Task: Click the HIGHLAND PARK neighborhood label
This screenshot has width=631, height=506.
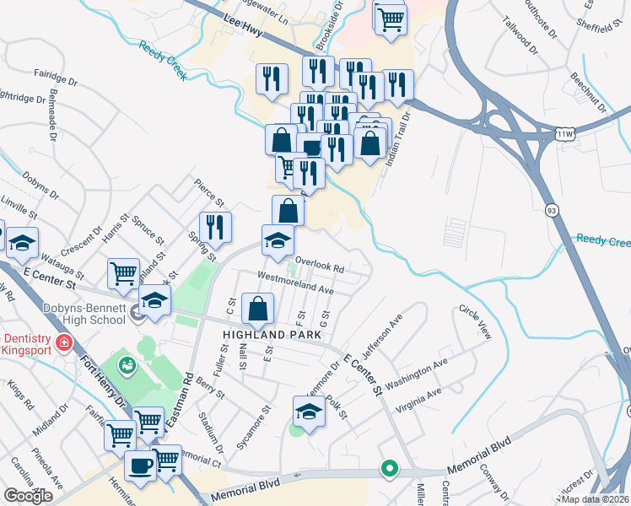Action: click(272, 335)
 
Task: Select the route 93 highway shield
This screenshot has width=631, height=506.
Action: click(551, 210)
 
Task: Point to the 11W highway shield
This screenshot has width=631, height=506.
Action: click(566, 133)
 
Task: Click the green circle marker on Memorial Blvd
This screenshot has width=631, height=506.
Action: click(389, 467)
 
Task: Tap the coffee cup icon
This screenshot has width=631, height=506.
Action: click(140, 464)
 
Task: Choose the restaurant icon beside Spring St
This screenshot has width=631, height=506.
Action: click(216, 226)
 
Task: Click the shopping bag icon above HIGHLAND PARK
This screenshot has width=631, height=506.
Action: click(257, 309)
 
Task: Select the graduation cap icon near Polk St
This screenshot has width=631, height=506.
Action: click(309, 411)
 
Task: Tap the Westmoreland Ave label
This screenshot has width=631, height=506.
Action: click(296, 283)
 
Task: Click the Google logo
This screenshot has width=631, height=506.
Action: click(28, 496)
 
